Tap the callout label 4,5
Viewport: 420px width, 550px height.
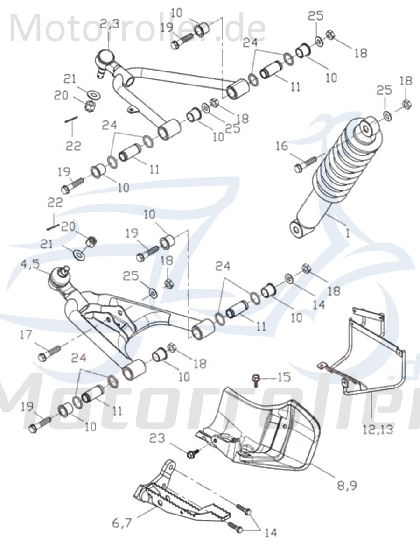click(30, 265)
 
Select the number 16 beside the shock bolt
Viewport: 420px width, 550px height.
click(281, 147)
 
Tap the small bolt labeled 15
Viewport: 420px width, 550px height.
click(256, 379)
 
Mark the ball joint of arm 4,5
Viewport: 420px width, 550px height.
click(59, 278)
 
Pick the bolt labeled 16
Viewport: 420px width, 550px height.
click(306, 164)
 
